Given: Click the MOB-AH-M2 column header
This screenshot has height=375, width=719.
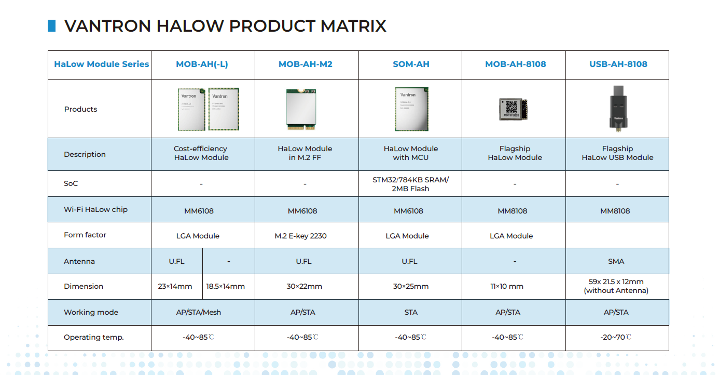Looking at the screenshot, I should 306,64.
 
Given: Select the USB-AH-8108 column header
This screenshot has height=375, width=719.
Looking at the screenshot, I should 618,64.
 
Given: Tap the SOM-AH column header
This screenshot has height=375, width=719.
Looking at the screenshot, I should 411,64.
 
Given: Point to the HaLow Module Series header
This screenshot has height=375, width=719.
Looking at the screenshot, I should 101,64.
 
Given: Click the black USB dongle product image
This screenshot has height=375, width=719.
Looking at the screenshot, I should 617,108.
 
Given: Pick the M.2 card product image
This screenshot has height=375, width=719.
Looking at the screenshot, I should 301,109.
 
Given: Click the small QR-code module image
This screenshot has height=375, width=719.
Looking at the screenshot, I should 513,109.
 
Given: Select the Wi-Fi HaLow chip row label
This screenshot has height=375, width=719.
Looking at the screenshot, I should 95,209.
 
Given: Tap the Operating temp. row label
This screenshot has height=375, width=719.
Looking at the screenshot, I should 93,337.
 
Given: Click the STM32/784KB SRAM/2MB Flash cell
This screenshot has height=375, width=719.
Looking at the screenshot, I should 410,184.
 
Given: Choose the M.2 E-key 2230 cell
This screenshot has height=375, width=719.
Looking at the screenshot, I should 301,236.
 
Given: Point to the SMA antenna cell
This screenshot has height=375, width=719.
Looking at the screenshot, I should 616,261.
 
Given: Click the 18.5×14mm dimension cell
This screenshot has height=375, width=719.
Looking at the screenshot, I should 226,286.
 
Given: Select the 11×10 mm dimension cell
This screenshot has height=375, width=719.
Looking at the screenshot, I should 508,286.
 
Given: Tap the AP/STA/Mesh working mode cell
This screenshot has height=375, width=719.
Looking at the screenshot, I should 198,312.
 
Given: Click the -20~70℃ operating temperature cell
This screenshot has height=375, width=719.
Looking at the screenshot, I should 616,337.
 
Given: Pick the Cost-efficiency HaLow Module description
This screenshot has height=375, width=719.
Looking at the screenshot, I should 201,153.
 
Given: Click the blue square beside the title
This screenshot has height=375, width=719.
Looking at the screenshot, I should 51,25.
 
